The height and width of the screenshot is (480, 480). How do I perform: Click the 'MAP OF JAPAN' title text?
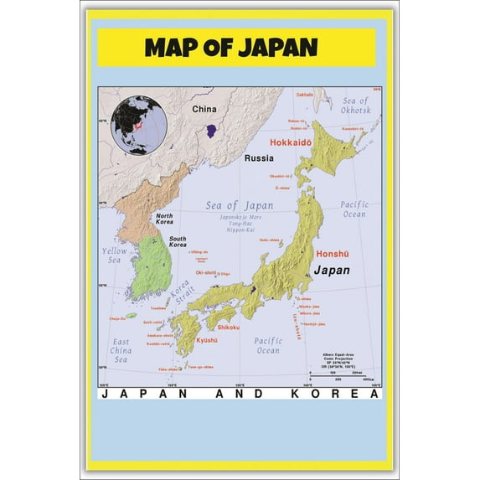pyautogui.click(x=230, y=47)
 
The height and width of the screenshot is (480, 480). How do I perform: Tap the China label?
pyautogui.click(x=204, y=109)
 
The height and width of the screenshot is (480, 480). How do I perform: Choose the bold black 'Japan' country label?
pyautogui.click(x=332, y=271)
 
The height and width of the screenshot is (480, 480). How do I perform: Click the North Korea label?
pyautogui.click(x=164, y=219)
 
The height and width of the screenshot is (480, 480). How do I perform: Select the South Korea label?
pyautogui.click(x=178, y=241)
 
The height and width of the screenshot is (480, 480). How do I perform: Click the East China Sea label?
pyautogui.click(x=121, y=350)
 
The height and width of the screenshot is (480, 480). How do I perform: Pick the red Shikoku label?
pyautogui.click(x=229, y=327)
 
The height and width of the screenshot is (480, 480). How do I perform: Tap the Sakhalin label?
pyautogui.click(x=303, y=95)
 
